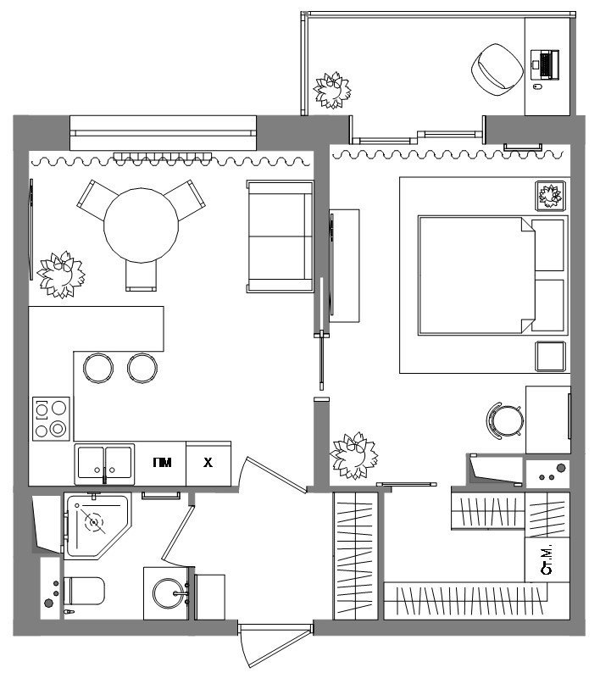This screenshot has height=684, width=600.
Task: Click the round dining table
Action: [141, 225]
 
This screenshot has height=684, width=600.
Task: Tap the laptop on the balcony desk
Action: [545, 64]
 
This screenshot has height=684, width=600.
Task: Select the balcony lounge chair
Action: [497, 70]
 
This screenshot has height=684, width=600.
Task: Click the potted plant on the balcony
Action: [332, 91]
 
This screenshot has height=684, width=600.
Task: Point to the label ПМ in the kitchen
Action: [162, 463]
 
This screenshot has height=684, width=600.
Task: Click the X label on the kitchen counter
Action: [208, 463]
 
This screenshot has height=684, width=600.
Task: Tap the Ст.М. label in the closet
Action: [547, 559]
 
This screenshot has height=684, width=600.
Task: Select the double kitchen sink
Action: [104, 464]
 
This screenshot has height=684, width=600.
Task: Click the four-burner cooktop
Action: [51, 419]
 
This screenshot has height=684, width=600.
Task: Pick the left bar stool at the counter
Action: [98, 368]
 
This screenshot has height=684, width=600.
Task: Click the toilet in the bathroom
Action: [84, 591]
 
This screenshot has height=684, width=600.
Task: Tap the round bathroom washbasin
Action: [169, 593]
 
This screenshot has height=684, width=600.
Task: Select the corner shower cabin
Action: [97, 526]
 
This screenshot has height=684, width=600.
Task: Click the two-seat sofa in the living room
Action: [280, 236]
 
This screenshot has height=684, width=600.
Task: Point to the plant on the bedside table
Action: [550, 196]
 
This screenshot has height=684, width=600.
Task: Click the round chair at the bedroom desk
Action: [505, 420]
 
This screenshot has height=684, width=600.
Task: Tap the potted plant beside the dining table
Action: [61, 275]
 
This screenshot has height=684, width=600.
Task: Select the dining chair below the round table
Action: [141, 275]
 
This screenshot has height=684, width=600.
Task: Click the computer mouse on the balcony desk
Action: [537, 86]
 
